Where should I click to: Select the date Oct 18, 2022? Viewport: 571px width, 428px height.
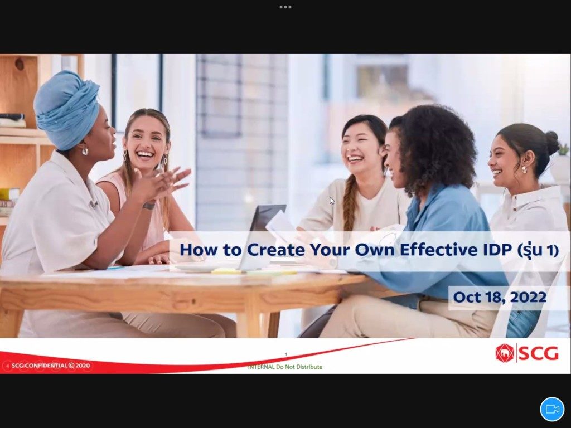coord(500,297)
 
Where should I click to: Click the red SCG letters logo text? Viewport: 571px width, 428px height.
coord(538,353)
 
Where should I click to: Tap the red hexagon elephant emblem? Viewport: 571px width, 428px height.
coord(504,353)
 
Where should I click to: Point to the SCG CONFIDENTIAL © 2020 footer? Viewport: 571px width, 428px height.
coord(50,366)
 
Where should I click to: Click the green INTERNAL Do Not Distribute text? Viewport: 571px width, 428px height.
coord(285,367)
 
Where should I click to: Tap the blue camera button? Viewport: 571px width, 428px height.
coord(552,409)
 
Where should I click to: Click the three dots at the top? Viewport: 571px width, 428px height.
coord(285,7)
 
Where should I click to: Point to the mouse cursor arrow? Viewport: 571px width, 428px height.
coord(332,201)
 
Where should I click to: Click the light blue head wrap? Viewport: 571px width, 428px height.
coord(67,109)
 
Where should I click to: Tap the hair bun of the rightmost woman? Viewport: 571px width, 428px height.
coord(552,143)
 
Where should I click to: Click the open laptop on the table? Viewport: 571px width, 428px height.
coord(262,236)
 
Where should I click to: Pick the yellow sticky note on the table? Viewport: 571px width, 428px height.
coord(226,271)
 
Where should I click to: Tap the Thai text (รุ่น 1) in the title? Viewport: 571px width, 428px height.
coord(538,250)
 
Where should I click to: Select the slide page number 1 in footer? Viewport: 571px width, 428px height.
coord(286,354)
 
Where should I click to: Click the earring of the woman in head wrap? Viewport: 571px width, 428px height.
coord(85,150)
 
